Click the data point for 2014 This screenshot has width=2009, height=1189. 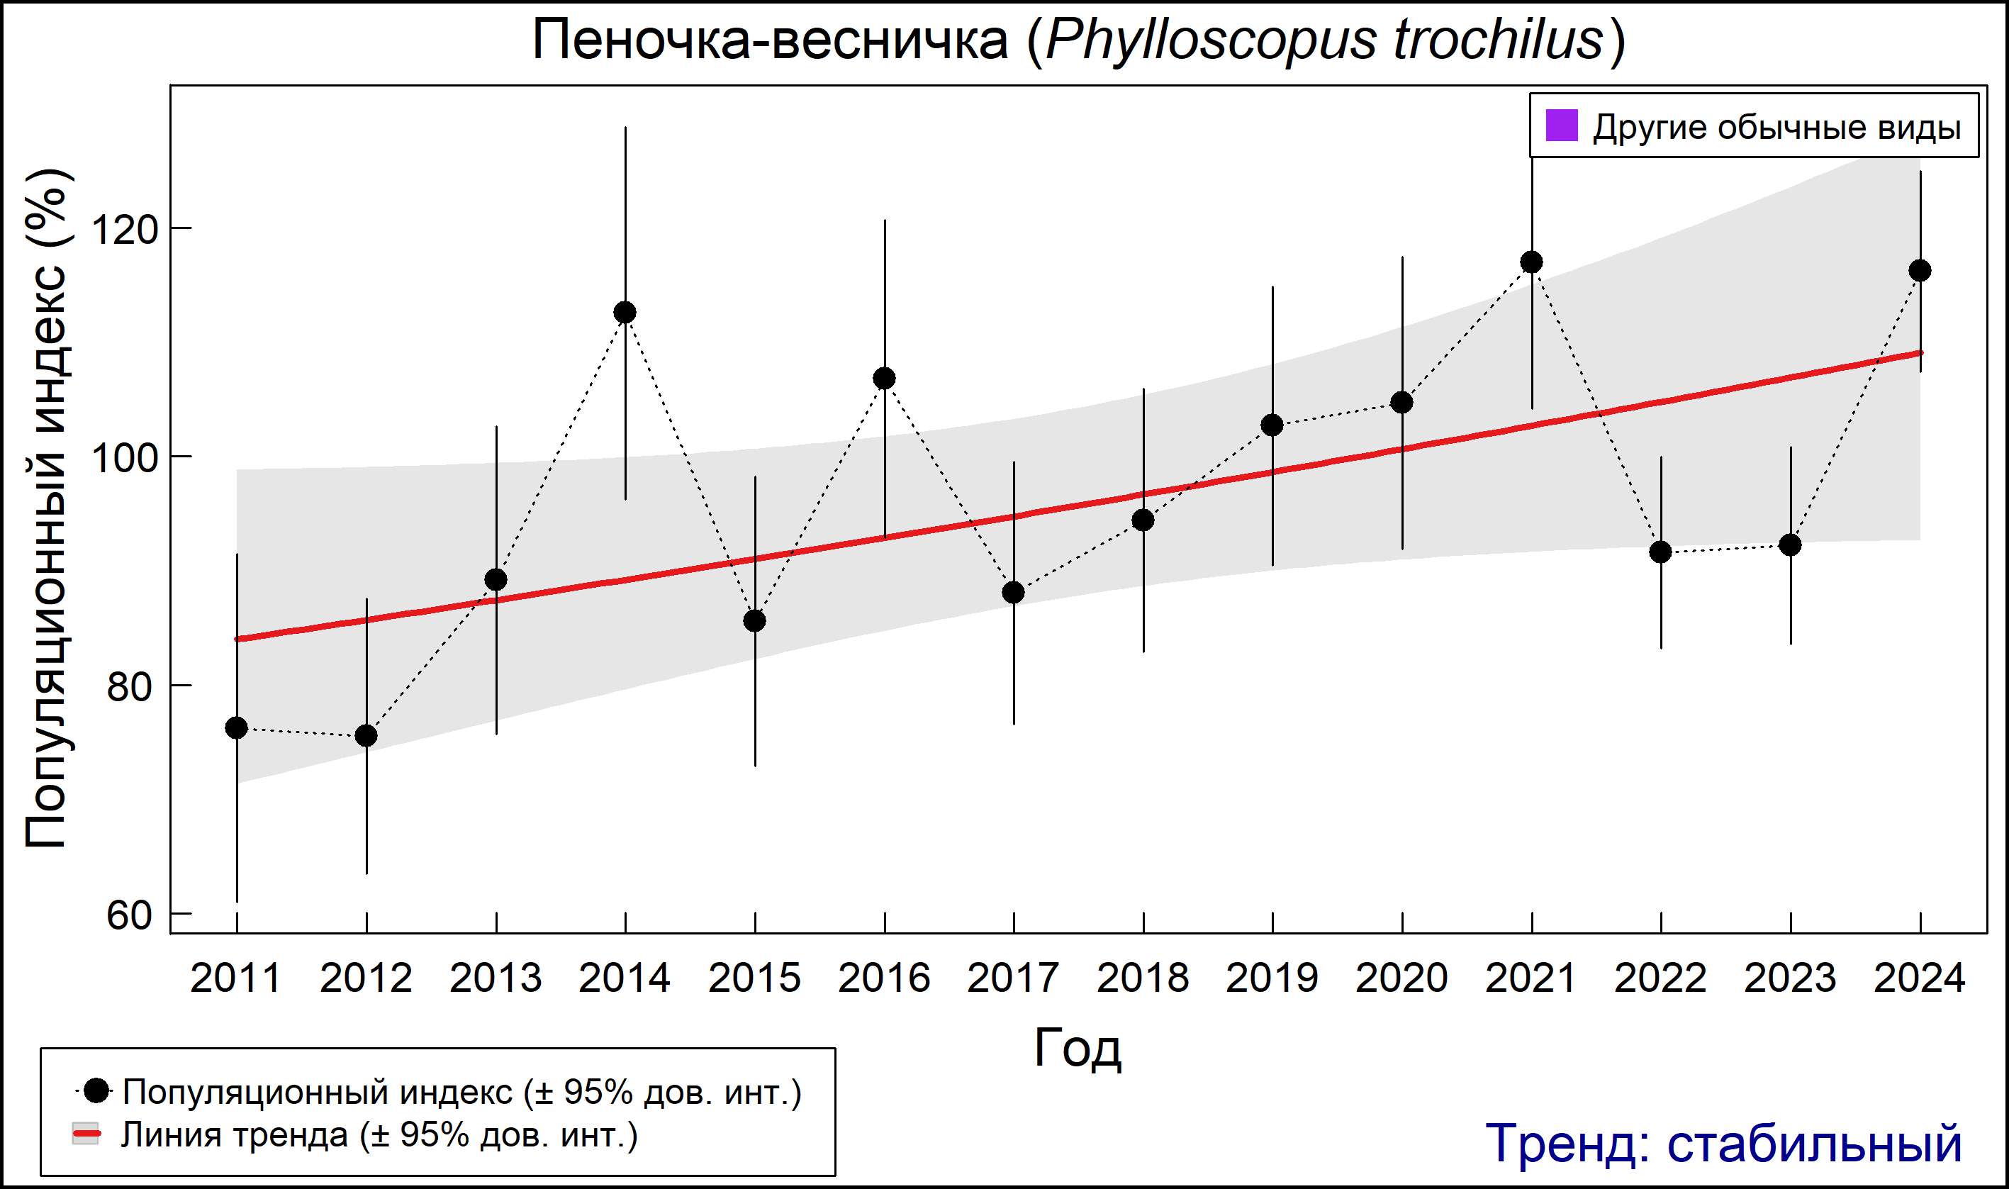(x=625, y=313)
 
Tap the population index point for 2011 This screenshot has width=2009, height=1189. (x=236, y=727)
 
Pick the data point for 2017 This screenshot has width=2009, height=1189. (x=1013, y=592)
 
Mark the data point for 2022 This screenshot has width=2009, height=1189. (x=1660, y=552)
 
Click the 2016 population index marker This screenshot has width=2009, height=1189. (x=885, y=378)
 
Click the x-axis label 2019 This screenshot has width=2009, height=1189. (x=1272, y=978)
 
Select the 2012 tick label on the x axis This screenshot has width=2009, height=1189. (x=366, y=978)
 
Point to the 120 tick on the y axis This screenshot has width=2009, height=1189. (x=123, y=230)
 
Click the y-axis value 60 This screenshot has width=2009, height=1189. (x=129, y=915)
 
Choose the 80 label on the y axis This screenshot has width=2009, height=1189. (x=129, y=686)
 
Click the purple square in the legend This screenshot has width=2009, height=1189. (x=1561, y=125)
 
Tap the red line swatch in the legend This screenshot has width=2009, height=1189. (x=86, y=1134)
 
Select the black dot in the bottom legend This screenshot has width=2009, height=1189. (x=96, y=1090)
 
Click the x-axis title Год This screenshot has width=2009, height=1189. (x=1078, y=1048)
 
